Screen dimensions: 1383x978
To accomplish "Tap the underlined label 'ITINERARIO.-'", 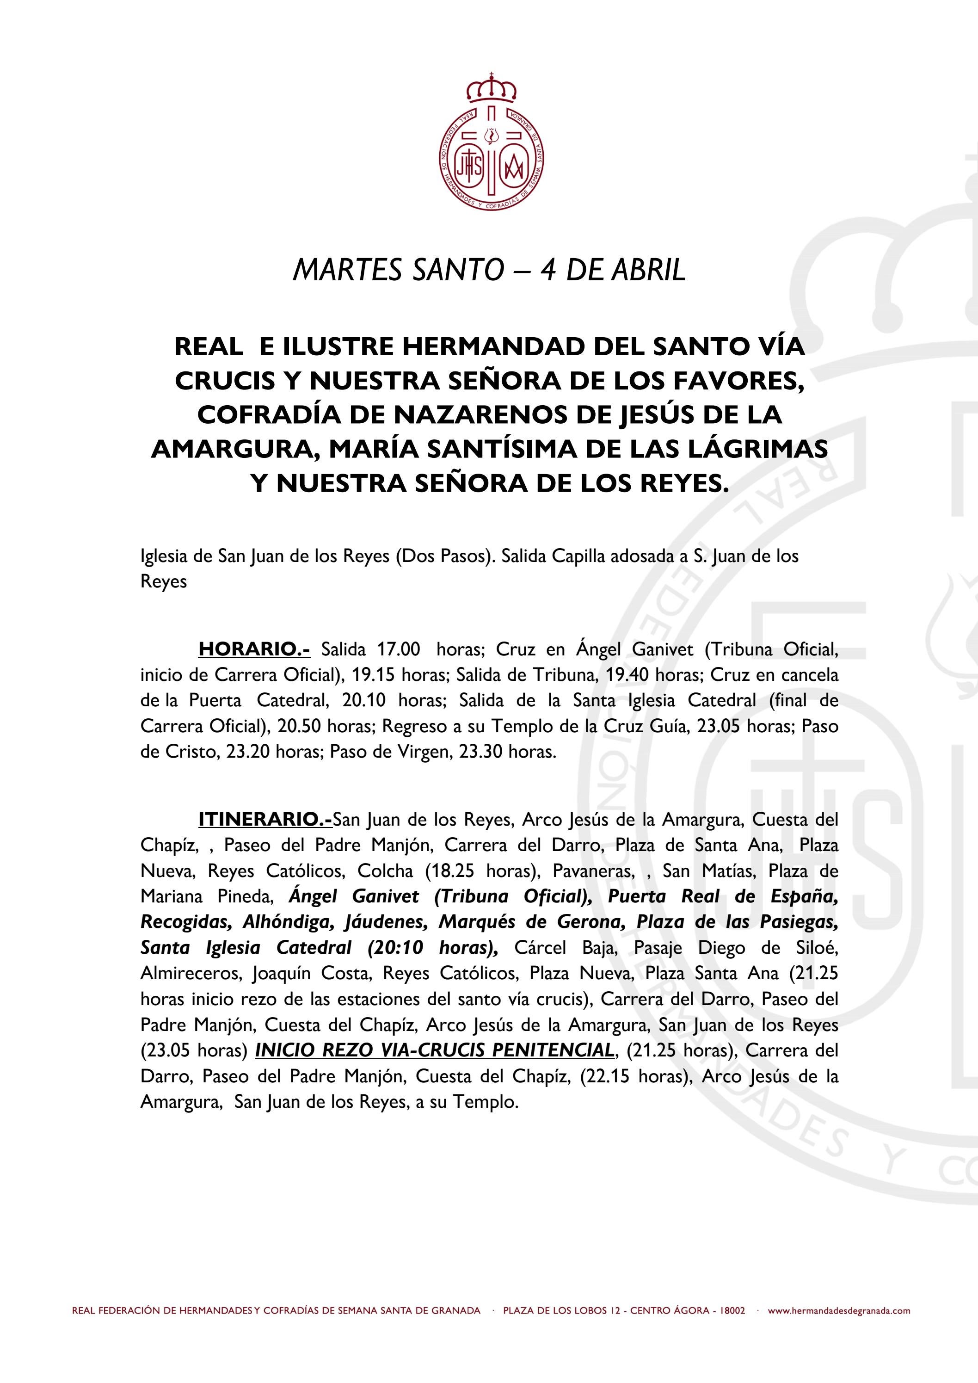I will click(x=265, y=819).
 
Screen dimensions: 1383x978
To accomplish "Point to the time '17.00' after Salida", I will click(x=398, y=650).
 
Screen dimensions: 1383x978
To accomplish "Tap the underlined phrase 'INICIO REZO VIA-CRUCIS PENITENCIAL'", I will click(x=434, y=1050).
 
